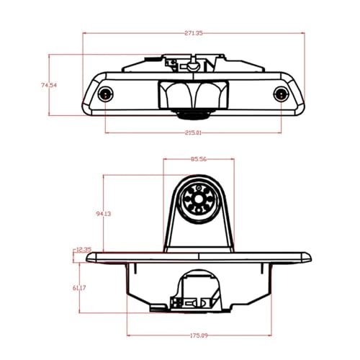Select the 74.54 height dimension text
point(48,85)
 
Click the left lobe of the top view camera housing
point(174,94)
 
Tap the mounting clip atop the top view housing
point(191,64)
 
